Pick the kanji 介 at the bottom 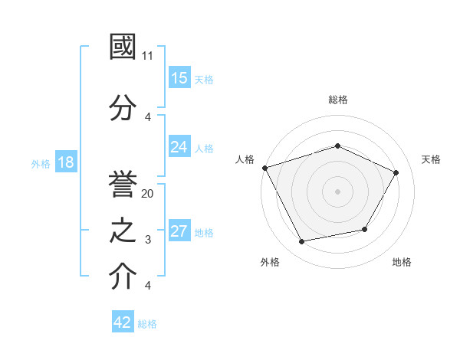pos(123,277)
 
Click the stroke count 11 pos(148,56)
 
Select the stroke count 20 pos(148,194)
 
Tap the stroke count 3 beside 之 pos(148,240)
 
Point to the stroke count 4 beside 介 pos(148,286)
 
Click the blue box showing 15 pos(179,78)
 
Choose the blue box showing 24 pos(179,147)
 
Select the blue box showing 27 pos(179,231)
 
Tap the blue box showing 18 pos(65,162)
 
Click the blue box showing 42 pos(123,322)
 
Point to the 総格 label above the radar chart pos(338,100)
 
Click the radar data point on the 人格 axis pos(264,168)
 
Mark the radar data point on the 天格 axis pos(396,172)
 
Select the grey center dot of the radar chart pos(338,191)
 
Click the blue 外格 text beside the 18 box pos(41,163)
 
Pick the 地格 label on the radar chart pos(402,262)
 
